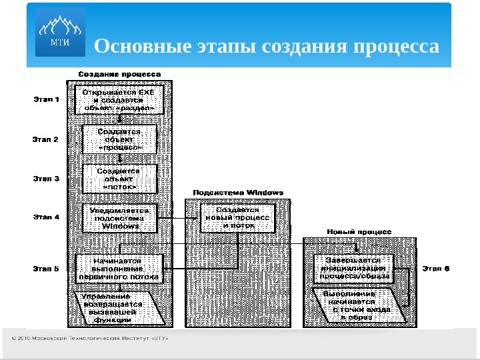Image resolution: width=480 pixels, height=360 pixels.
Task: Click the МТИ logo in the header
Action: (60, 32)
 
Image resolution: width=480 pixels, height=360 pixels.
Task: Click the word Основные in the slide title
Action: (135, 47)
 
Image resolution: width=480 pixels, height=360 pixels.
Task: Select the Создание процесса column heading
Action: (119, 74)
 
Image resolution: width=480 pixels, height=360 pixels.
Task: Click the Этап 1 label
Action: (47, 100)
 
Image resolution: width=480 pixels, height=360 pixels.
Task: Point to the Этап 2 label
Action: (47, 139)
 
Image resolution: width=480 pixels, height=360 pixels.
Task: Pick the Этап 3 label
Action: (47, 179)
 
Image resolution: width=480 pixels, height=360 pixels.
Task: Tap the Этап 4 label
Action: (47, 217)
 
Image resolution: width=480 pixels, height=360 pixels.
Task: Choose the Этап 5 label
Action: (47, 269)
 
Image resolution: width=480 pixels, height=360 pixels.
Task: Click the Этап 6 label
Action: (437, 269)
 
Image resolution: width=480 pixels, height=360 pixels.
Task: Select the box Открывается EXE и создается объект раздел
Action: (119, 99)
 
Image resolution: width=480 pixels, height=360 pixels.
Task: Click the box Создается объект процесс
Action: (119, 139)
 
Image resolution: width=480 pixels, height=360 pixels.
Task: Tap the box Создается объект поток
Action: (120, 179)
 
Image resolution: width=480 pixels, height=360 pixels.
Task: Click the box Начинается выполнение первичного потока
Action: (118, 268)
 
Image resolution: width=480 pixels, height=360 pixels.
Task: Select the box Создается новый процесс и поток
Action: (237, 217)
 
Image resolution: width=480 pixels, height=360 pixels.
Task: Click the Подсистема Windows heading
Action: (238, 193)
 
